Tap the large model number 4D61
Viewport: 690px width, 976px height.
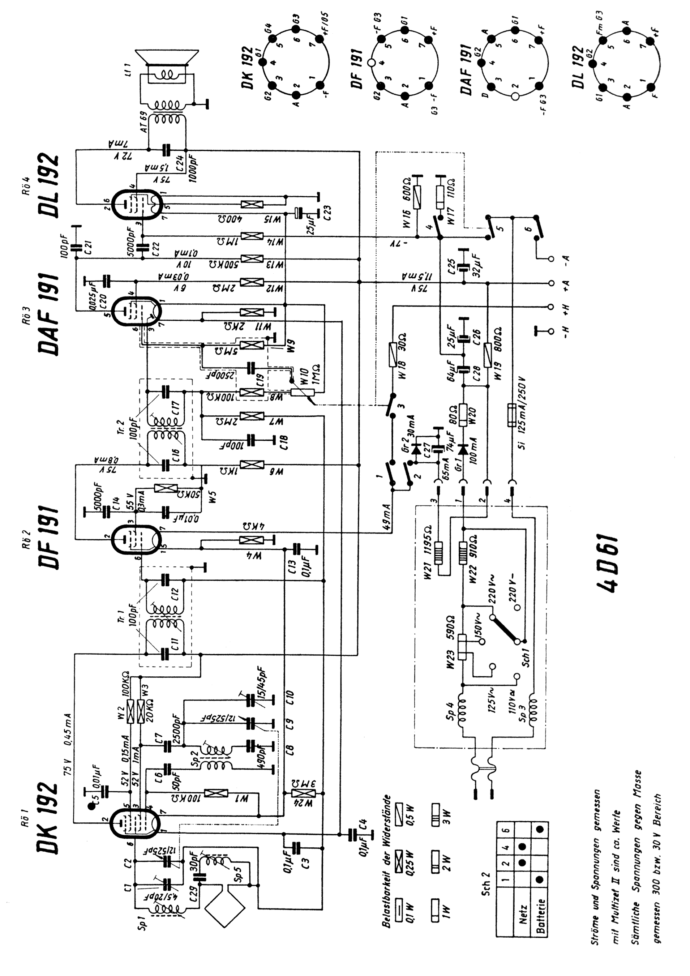coord(608,565)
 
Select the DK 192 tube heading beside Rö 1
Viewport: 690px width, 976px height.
coord(48,817)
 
